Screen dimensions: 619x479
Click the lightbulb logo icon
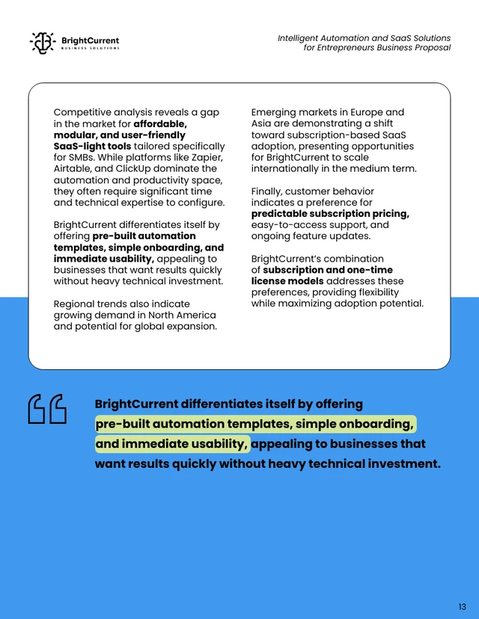pyautogui.click(x=43, y=43)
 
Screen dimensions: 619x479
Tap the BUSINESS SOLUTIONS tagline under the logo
pyautogui.click(x=90, y=49)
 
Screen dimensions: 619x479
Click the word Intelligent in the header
pyautogui.click(x=299, y=37)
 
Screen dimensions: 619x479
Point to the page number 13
pyautogui.click(x=462, y=606)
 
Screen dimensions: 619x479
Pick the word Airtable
pyautogui.click(x=73, y=169)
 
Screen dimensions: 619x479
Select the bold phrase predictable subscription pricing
pyautogui.click(x=330, y=214)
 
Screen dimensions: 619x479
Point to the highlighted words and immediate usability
pyautogui.click(x=172, y=444)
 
